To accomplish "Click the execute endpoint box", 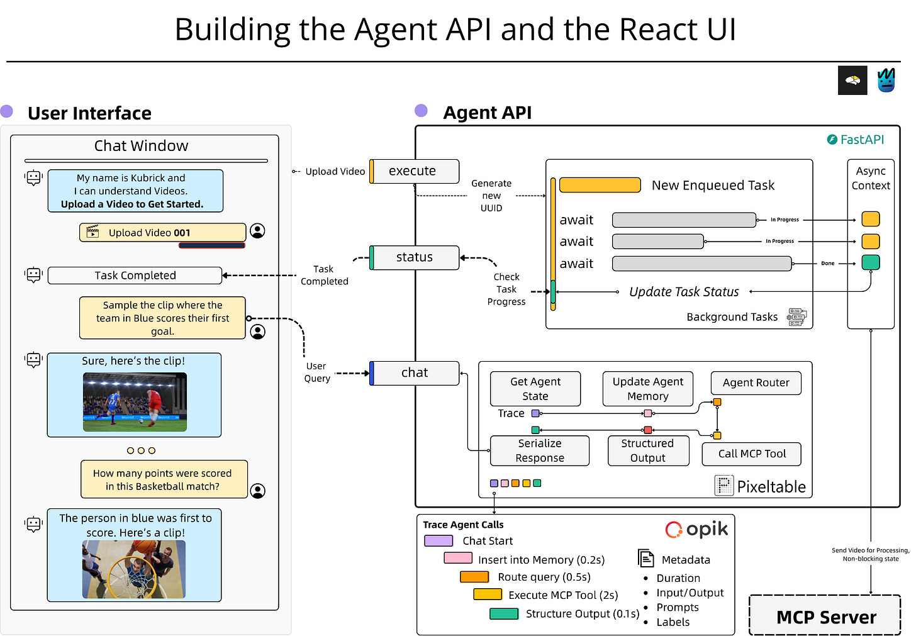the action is click(x=414, y=171).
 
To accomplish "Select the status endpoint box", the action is click(x=414, y=257).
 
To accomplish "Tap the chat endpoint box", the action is click(x=414, y=372).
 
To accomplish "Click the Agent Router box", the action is click(x=756, y=383).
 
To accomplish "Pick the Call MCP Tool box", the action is click(x=752, y=454).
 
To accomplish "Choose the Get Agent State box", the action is click(x=535, y=389).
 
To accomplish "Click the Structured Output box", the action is click(x=648, y=450).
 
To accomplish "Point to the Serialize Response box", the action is click(x=540, y=450).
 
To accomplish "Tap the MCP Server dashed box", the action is click(x=825, y=615).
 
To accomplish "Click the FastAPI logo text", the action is click(x=856, y=140).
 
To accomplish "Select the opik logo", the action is click(x=696, y=529).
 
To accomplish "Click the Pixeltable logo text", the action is click(x=760, y=486).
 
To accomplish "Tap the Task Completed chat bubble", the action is click(x=135, y=276).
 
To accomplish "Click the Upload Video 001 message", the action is click(x=163, y=232).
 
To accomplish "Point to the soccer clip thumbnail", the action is click(x=135, y=401).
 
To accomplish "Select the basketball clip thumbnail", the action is click(x=134, y=569).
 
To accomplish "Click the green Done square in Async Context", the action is click(x=871, y=262).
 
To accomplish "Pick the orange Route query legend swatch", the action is click(x=474, y=577).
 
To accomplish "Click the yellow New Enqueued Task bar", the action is click(x=600, y=185).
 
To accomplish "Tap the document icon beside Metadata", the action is click(x=645, y=558).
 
